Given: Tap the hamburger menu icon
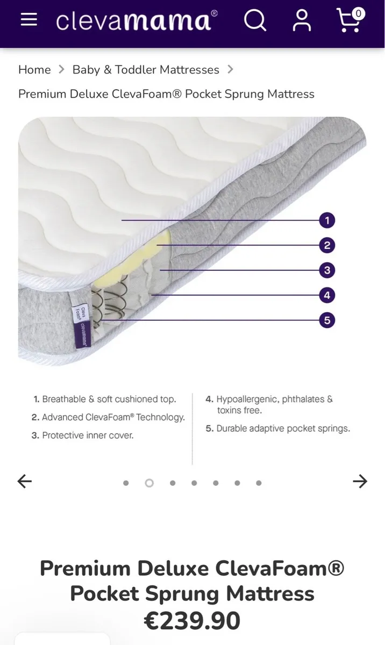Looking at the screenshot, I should click(x=28, y=20).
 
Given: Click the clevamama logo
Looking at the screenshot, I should click(x=137, y=20).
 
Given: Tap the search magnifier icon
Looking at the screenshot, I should click(x=255, y=20).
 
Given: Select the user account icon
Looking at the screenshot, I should click(x=302, y=21).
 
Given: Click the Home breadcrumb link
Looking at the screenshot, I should click(x=34, y=70).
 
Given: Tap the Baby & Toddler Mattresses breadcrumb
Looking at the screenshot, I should click(x=146, y=70).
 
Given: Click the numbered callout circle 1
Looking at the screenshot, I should click(x=326, y=220).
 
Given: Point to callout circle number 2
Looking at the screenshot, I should click(x=326, y=246).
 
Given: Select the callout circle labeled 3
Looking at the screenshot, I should click(x=326, y=270).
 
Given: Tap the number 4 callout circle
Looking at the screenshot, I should click(x=326, y=295).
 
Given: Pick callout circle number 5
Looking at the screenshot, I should click(x=326, y=320).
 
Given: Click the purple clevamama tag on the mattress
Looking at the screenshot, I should click(x=82, y=325).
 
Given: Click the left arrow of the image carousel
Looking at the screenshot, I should click(x=25, y=482).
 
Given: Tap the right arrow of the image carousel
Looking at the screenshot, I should click(x=360, y=482).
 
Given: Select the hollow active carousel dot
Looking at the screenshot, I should click(x=149, y=483).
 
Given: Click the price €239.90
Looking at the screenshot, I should click(x=192, y=621).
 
